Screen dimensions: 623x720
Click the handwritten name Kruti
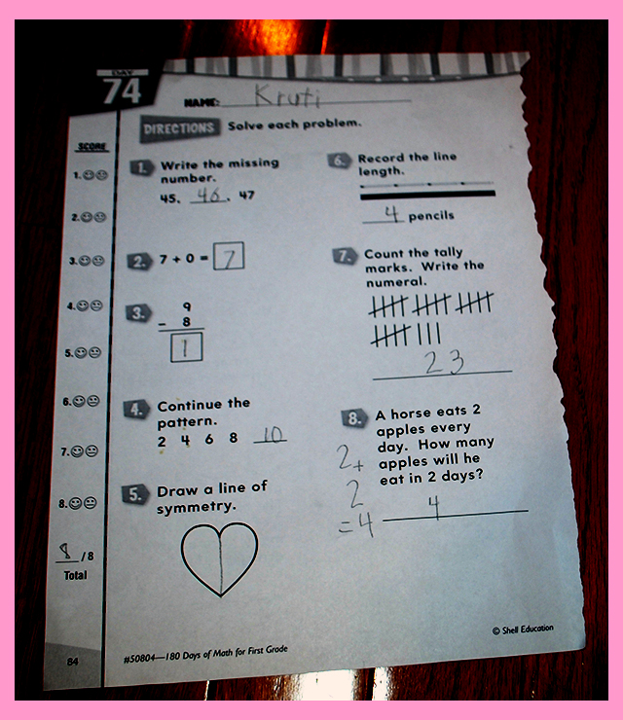coord(287,95)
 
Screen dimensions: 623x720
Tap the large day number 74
coord(122,90)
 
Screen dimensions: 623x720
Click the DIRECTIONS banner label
coord(179,128)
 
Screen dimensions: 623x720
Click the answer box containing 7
coord(229,256)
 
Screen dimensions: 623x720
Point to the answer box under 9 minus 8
coord(186,347)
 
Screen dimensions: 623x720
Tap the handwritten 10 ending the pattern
coord(273,434)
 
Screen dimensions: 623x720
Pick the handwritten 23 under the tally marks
coord(444,362)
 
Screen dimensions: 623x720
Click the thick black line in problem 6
coord(427,196)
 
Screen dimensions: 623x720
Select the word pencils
coord(431,216)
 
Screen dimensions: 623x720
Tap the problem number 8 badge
coord(354,417)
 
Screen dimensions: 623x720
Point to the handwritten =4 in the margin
coord(356,524)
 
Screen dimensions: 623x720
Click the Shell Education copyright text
coord(523,630)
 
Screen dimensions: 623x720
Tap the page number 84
coord(73,662)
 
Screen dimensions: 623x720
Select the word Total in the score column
coord(75,575)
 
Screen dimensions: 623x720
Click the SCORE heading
coord(92,147)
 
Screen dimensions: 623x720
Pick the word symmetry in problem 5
coord(197,507)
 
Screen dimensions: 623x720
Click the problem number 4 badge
coord(136,409)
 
